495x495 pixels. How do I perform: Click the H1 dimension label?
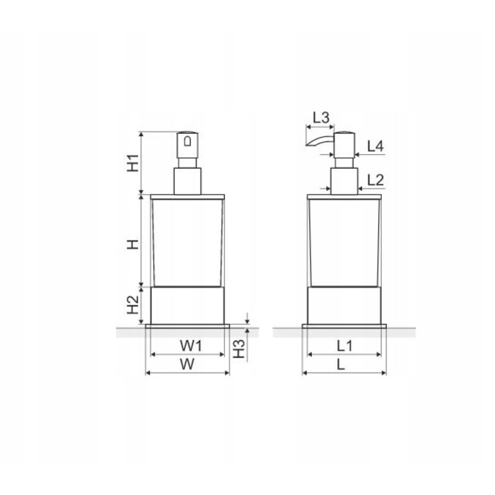(x=133, y=163)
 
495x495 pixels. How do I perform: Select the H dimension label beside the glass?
(x=133, y=244)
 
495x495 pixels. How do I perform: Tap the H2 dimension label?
(x=133, y=305)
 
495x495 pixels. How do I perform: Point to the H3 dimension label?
(x=239, y=349)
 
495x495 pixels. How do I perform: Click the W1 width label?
(x=191, y=346)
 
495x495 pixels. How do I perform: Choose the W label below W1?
(x=187, y=364)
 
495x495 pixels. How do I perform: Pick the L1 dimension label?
(x=344, y=346)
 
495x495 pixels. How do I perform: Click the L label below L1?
(x=340, y=365)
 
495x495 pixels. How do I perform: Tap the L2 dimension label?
(x=375, y=180)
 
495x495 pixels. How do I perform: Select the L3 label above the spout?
(x=321, y=118)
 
